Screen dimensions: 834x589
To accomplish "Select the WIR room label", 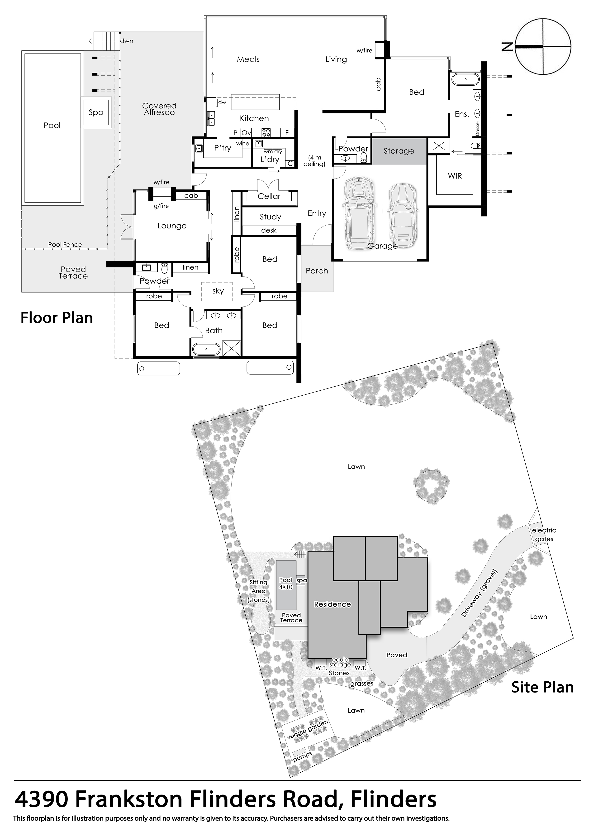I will point(455,176).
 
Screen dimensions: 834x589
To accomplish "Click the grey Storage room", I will point(399,151).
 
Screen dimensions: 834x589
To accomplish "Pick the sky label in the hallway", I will point(218,291).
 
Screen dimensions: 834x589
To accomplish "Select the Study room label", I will point(270,217).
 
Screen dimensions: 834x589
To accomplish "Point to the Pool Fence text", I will point(65,245).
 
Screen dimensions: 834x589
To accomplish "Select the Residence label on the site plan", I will point(332,604).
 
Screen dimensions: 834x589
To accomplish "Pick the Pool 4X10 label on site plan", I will point(286,584).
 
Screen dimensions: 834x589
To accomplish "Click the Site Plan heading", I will point(542,687).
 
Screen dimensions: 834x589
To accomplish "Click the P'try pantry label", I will point(223,148).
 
